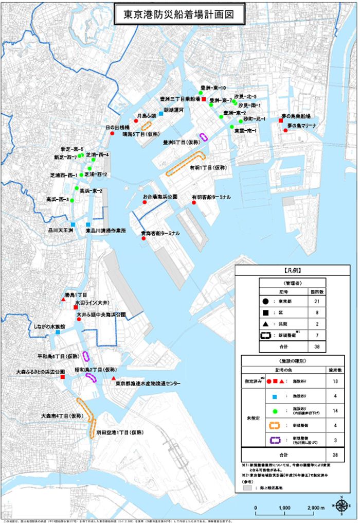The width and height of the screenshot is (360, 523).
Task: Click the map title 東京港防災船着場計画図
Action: [x=179, y=14]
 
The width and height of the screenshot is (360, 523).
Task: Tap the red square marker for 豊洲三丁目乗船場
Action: [x=204, y=99]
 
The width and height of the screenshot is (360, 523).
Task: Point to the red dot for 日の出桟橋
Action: [x=112, y=133]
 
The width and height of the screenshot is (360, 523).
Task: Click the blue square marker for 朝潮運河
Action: [x=161, y=113]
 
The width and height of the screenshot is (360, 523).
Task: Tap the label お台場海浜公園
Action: [x=160, y=197]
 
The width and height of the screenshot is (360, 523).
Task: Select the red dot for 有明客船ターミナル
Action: [x=194, y=203]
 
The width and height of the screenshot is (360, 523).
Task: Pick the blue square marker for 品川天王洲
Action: [x=74, y=224]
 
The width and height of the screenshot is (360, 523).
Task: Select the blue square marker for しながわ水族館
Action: [x=58, y=333]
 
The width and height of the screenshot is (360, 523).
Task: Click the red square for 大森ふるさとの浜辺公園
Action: [x=62, y=377]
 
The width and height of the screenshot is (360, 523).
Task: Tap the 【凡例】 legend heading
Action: [x=292, y=270]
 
